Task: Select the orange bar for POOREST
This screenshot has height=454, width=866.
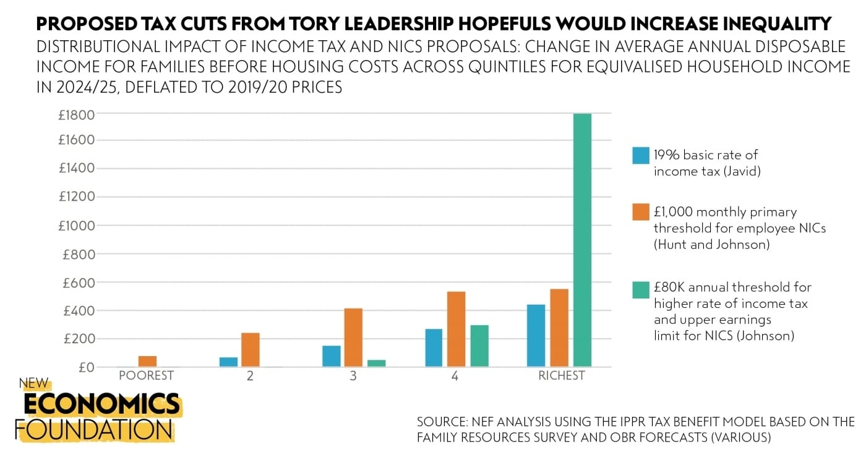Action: pyautogui.click(x=147, y=362)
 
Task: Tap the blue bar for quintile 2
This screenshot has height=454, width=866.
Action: pyautogui.click(x=228, y=362)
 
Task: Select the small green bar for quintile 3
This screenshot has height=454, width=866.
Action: pyautogui.click(x=376, y=364)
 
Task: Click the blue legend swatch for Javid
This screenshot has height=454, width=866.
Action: pyautogui.click(x=641, y=155)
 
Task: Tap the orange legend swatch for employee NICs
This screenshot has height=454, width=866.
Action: pyautogui.click(x=641, y=212)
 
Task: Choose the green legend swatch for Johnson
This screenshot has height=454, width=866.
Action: pyautogui.click(x=641, y=288)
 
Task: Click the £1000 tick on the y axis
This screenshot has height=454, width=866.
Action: pyautogui.click(x=76, y=225)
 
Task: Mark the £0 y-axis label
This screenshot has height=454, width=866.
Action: pyautogui.click(x=85, y=367)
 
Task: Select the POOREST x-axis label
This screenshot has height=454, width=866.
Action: pyautogui.click(x=146, y=376)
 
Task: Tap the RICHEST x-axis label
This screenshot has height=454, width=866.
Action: pyautogui.click(x=562, y=376)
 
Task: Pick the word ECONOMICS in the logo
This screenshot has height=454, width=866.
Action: pyautogui.click(x=101, y=404)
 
